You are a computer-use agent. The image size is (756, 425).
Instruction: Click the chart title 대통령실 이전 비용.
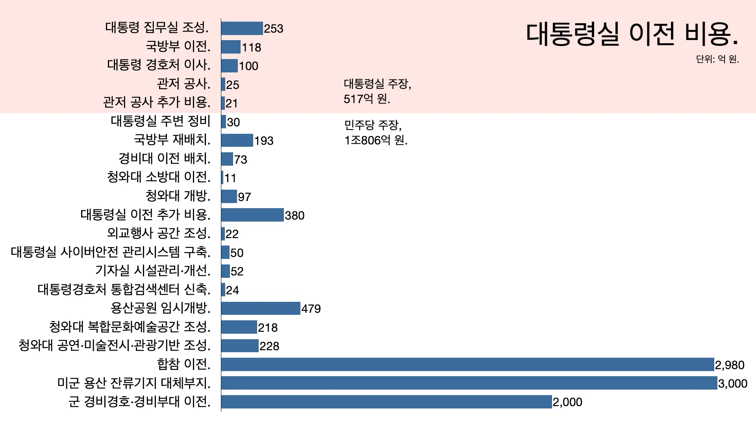point(632,34)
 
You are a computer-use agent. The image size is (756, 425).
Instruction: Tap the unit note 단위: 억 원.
point(717,59)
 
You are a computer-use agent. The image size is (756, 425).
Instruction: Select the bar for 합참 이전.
point(467,364)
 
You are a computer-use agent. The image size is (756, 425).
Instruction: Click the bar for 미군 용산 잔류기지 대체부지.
point(469,383)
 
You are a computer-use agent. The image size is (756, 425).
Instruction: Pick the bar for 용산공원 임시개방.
point(261,309)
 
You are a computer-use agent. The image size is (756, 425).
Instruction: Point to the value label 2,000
point(567,402)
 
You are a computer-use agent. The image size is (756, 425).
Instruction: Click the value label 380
point(295,215)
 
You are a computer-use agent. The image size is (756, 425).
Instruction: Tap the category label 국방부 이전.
point(178,46)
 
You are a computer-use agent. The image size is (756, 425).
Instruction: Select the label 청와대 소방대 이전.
point(159,177)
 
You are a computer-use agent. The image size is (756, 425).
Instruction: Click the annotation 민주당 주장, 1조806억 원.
point(376,133)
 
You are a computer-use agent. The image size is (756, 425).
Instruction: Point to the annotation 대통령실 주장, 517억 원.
point(377,91)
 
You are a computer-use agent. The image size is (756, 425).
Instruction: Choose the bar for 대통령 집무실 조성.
point(242,28)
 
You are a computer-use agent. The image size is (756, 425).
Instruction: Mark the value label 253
point(274,29)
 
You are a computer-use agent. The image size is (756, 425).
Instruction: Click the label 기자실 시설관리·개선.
point(153,270)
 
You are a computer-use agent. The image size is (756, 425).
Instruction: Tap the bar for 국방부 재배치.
point(237,140)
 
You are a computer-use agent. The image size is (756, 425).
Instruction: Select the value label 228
point(269,346)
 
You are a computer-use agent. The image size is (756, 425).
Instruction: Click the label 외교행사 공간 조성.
point(159,233)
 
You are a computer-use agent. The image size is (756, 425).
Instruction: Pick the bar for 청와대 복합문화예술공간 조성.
point(239,327)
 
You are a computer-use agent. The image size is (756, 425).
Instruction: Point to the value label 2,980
point(730,365)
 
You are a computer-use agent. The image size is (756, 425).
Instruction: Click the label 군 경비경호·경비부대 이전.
point(139,401)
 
